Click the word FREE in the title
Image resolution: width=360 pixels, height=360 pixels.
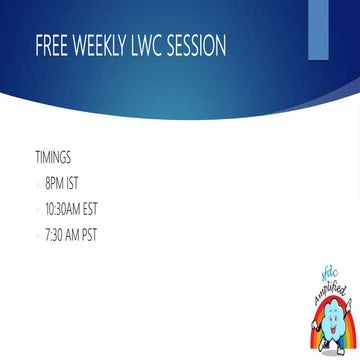(x=50, y=47)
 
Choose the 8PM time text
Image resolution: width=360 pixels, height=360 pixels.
(x=56, y=183)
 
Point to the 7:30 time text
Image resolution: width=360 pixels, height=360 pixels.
(x=54, y=235)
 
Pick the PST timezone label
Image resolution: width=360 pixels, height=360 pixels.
(x=89, y=235)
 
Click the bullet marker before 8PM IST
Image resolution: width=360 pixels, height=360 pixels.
(x=38, y=184)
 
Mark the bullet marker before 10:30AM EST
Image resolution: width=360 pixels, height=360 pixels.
(x=38, y=210)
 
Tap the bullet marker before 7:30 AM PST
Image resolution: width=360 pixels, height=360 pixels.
(x=38, y=236)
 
